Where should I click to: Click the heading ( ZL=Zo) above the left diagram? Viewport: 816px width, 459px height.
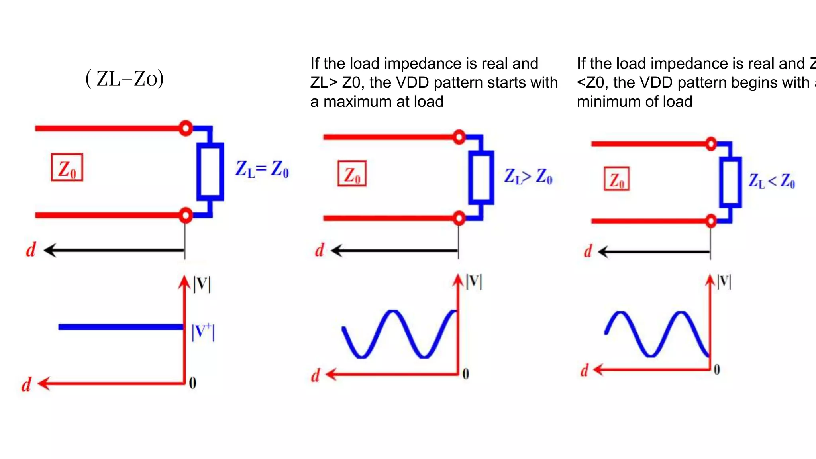coord(125,78)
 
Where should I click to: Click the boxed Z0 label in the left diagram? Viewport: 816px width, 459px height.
coord(67,168)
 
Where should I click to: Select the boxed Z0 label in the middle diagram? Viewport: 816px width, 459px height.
coord(352,174)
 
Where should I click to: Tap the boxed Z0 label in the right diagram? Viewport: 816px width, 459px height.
coord(617,179)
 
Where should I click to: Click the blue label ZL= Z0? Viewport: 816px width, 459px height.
coord(262,169)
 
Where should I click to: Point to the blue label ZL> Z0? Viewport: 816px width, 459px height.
coord(528,176)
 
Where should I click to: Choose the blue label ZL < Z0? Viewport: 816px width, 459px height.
coord(771,181)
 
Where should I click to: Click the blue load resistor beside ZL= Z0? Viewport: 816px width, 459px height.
coord(210,172)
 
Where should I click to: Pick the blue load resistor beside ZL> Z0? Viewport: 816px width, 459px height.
coord(481,178)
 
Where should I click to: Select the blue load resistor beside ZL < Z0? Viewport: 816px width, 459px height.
coord(730,182)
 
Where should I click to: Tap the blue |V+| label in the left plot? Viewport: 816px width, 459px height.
coord(203,332)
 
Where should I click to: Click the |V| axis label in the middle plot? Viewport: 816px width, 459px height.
coord(474,282)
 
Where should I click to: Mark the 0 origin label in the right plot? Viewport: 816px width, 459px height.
coord(717,370)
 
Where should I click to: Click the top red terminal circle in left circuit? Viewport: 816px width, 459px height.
coord(185,128)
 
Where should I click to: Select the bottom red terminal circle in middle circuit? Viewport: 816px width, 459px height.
coord(459,218)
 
